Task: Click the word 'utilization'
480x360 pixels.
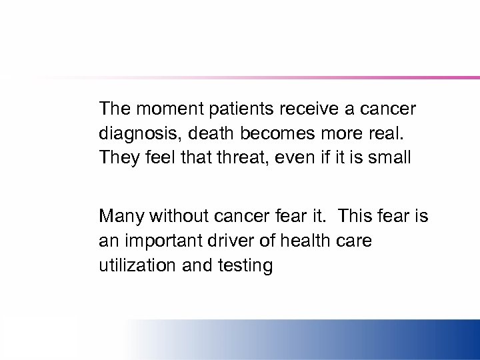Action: pyautogui.click(x=135, y=266)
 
